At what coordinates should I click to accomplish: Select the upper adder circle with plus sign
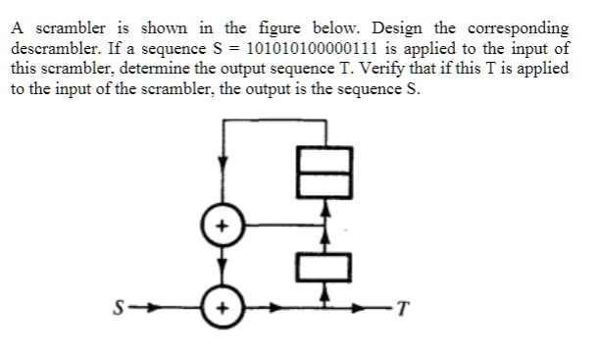click(222, 225)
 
